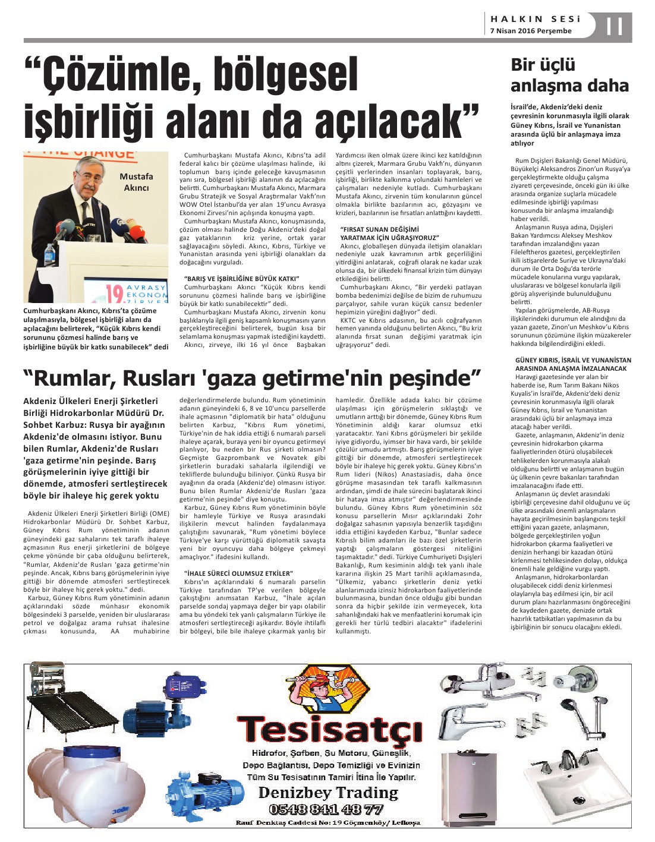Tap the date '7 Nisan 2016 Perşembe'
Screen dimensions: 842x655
530,31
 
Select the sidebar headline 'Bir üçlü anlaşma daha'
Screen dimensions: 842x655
569,75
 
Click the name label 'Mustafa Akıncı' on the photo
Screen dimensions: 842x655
136,182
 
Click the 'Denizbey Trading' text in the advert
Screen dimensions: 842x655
329,792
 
